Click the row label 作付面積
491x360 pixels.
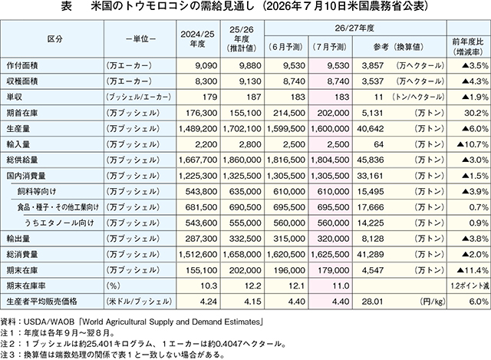coord(22,65)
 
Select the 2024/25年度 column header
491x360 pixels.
coord(198,39)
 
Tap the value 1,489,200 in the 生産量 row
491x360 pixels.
coord(198,128)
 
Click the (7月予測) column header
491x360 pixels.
coord(330,47)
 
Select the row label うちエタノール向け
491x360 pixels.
coord(60,223)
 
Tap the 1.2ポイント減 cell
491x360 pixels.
coord(470,286)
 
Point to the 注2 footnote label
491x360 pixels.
coord(8,344)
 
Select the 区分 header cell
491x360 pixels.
coord(54,39)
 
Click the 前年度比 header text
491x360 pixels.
coord(469,42)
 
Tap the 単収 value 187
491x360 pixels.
coord(254,97)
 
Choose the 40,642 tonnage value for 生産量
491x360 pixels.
coord(371,128)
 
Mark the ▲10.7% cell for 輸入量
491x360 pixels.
coord(473,144)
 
